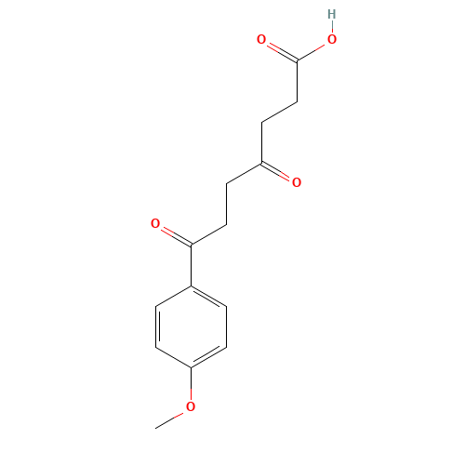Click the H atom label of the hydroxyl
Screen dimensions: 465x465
pyautogui.click(x=332, y=14)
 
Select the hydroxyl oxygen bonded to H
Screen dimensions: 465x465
pyautogui.click(x=332, y=40)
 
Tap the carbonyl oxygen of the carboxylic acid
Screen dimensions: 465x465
pyautogui.click(x=261, y=40)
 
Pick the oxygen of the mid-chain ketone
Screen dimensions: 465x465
pyautogui.click(x=297, y=182)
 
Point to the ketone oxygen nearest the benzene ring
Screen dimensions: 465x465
pyautogui.click(x=155, y=223)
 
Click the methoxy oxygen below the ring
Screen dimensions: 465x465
pyautogui.click(x=191, y=406)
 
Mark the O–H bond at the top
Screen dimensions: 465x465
pyautogui.click(x=332, y=27)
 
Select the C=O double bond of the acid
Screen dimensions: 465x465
pyautogui.click(x=279, y=50)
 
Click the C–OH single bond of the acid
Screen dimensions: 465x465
pyautogui.click(x=315, y=50)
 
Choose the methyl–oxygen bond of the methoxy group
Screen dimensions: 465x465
pyautogui.click(x=173, y=417)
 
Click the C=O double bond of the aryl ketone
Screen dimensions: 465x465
pyautogui.click(x=173, y=233)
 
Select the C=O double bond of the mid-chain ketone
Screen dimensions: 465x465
pyautogui.click(x=279, y=173)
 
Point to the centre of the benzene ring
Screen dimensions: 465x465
pyautogui.click(x=191, y=325)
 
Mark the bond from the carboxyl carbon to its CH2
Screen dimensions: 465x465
pyautogui.click(x=297, y=81)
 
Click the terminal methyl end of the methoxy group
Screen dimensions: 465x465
pyautogui.click(x=156, y=427)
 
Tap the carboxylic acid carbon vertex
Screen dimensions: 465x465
pyautogui.click(x=297, y=60)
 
